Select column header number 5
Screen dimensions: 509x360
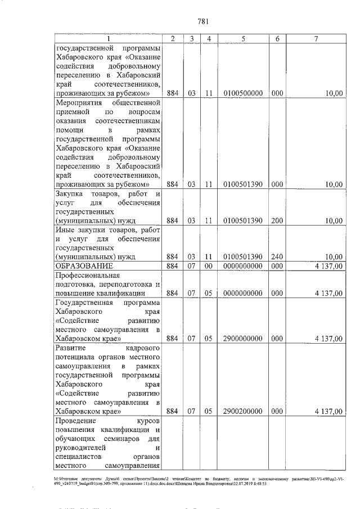[242, 38]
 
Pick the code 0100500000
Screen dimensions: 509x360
[242, 93]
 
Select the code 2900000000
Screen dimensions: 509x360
[242, 339]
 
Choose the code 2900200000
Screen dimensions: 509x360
[242, 411]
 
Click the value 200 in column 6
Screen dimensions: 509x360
[277, 220]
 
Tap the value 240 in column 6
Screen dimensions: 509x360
[277, 257]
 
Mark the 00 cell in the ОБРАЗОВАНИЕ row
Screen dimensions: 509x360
[208, 265]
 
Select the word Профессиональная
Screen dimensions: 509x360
[88, 276]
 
